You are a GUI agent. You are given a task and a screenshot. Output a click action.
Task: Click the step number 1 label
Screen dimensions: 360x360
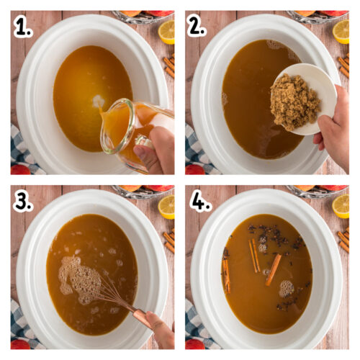(x=24, y=27)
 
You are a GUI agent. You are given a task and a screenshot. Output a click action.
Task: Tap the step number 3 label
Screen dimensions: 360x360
(x=24, y=202)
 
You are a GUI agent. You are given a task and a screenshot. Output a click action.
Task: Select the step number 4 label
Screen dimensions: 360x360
(x=200, y=202)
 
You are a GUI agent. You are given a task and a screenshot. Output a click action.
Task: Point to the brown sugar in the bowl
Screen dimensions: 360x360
(x=294, y=102)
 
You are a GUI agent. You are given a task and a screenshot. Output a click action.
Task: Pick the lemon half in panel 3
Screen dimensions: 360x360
(x=166, y=207)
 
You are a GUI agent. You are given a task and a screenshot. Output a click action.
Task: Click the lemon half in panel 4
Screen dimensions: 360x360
(x=342, y=207)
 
